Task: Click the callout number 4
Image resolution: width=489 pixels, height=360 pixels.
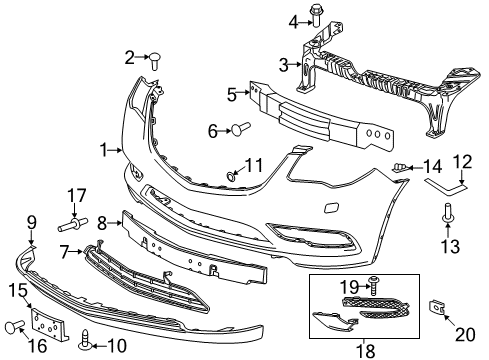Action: pos(294,22)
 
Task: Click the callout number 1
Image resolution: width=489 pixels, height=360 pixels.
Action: pos(103,150)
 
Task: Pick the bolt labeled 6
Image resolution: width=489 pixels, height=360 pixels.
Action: pos(241,128)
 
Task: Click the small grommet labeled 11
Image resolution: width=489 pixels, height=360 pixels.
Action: pos(232,175)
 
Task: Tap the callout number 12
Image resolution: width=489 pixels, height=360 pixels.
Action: pos(461,162)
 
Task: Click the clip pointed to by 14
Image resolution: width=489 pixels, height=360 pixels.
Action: pos(403,167)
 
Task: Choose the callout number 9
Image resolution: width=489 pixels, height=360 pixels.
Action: pos(31,222)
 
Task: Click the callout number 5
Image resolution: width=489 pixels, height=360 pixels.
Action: pos(231,95)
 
